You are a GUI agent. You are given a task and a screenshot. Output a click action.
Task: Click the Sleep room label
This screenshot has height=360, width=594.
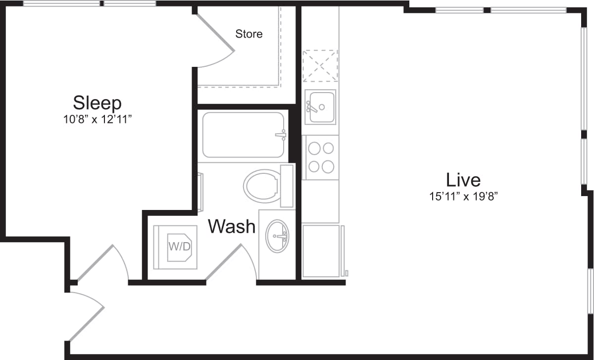97,103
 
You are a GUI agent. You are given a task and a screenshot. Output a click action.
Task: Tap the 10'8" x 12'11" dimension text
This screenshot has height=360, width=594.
97,119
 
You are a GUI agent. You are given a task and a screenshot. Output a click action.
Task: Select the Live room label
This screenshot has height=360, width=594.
463,179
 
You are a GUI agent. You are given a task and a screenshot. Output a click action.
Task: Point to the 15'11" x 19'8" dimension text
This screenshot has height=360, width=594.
463,196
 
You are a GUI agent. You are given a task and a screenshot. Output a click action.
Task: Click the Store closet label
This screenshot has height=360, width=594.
248,34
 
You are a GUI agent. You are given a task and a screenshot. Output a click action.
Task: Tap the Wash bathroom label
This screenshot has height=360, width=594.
232,227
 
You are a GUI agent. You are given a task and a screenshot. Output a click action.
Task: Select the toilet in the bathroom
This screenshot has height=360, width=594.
262,186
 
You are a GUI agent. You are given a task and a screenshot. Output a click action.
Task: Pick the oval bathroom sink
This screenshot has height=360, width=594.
278,236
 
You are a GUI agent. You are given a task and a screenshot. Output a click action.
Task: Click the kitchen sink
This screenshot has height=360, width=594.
320,107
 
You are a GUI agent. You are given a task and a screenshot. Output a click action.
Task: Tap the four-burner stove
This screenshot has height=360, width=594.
320,157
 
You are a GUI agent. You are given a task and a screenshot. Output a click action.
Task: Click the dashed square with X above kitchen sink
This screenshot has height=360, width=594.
320,65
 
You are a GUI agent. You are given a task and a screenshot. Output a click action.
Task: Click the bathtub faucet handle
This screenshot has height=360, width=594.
281,135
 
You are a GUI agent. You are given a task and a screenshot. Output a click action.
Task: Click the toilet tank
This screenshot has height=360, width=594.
287,186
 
